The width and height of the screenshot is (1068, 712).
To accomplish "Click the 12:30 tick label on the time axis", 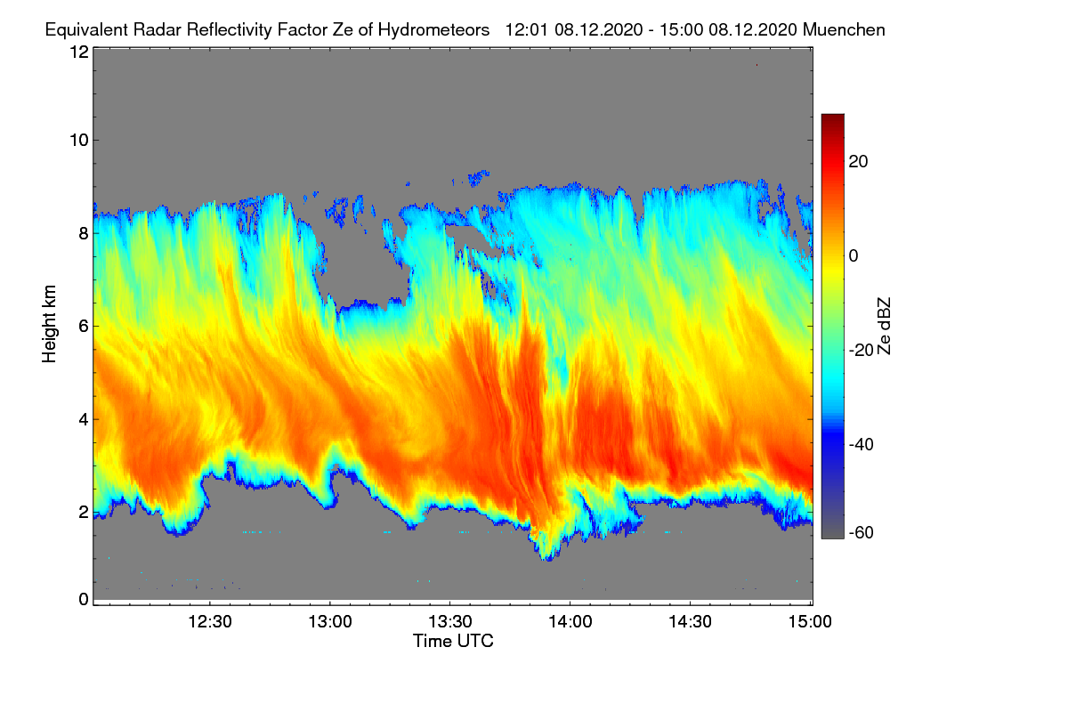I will coord(210,621).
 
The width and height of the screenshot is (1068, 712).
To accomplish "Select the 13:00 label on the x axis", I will coord(330,621).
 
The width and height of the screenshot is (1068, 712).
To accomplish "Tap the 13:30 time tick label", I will coord(450,621).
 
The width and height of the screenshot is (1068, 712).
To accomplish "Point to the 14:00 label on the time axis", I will coord(570,621).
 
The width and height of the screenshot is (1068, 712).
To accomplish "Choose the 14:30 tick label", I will coord(691,621).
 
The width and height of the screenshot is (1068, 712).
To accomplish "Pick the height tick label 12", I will coord(78,53).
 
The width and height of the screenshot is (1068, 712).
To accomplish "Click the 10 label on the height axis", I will coord(78,140).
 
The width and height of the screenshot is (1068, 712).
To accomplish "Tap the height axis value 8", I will coord(84,233).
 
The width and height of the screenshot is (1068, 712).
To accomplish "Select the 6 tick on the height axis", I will coord(84,326).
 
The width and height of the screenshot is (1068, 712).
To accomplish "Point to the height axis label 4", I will coord(84,418).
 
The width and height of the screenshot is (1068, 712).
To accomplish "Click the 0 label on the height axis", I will coord(84,599).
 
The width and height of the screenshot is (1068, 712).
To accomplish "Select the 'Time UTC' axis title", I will coord(453,641).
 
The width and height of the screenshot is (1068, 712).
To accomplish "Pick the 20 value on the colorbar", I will coord(859,161).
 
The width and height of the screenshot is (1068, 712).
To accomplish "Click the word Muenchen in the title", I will coord(844,29).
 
